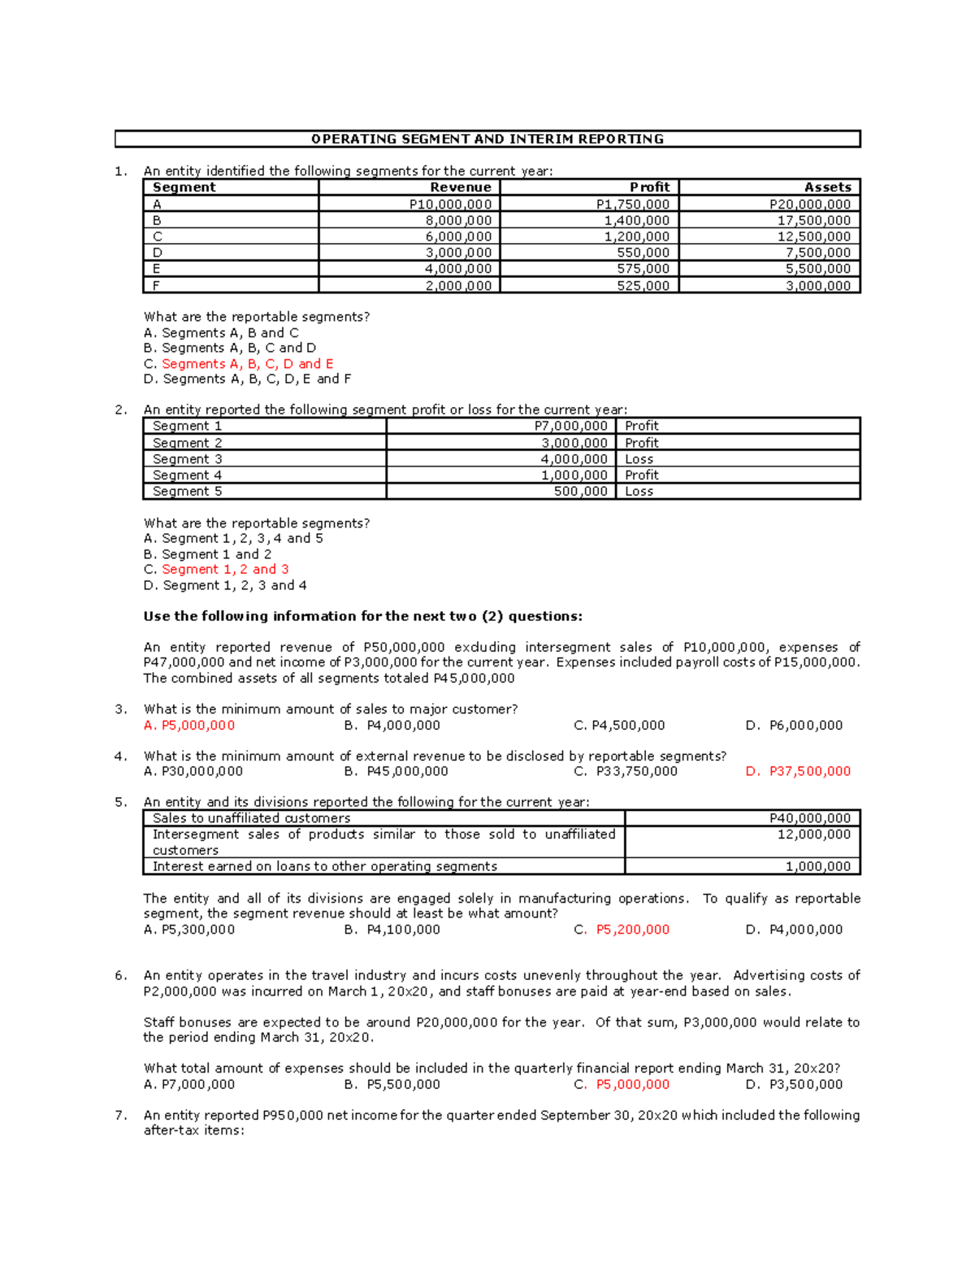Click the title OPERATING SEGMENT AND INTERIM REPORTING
[x=487, y=139]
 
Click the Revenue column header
[x=461, y=187]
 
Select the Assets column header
[x=827, y=187]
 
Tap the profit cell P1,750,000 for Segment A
[x=633, y=205]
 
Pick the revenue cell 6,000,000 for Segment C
[x=458, y=236]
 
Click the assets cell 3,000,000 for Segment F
[x=818, y=285]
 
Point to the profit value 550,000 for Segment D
[x=643, y=253]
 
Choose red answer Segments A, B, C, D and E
[x=247, y=364]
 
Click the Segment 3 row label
[x=187, y=459]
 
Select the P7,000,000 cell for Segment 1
[x=570, y=426]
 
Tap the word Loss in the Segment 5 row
[x=639, y=492]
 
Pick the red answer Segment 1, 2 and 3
[x=225, y=570]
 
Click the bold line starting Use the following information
[x=362, y=616]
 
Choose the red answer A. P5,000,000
[x=189, y=726]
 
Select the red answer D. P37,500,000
[x=798, y=771]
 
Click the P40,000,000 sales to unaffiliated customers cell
[x=809, y=818]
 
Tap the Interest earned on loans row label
[x=324, y=866]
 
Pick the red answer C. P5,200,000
[x=622, y=930]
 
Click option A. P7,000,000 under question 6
[x=189, y=1084]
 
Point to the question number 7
[x=120, y=1115]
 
